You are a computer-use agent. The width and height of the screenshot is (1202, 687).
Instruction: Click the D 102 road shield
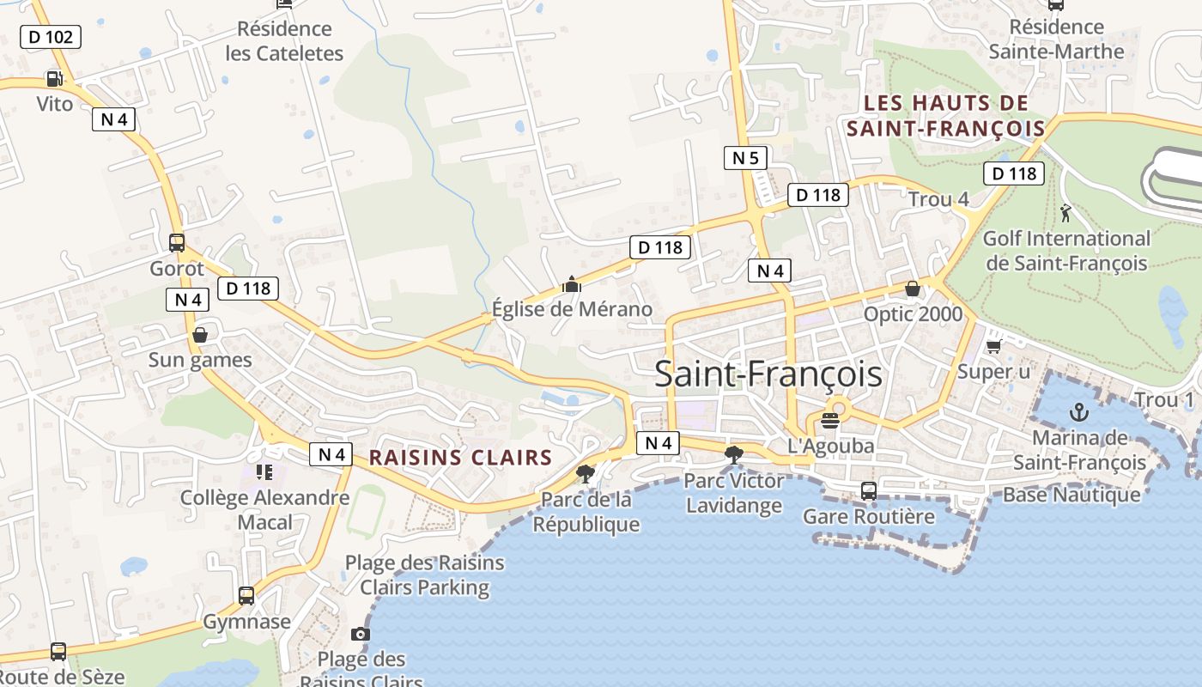coord(51,37)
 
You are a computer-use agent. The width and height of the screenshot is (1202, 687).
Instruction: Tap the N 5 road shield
coord(745,158)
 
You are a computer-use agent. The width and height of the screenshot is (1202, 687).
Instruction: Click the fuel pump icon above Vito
coord(54,79)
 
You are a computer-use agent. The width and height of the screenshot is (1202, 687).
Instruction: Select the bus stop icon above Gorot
coord(177,243)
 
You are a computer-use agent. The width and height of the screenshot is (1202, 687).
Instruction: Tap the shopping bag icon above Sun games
coord(200,335)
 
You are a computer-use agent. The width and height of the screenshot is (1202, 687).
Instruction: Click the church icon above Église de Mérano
coord(572,284)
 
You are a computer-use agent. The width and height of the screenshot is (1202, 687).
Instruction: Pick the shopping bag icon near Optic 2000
coord(913,289)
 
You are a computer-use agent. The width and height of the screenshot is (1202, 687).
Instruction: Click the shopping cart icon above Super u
coord(994,346)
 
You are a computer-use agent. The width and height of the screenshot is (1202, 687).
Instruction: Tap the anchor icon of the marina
coord(1078,413)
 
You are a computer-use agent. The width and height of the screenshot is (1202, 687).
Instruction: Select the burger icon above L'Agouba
coord(830,421)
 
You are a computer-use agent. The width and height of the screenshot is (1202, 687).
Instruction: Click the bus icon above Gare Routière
coord(869,491)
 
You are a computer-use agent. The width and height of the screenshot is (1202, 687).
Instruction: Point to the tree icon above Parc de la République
coord(586,474)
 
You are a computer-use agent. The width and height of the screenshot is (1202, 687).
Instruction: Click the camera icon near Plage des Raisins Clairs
coord(361,635)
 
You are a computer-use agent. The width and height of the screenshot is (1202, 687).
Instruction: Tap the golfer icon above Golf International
coord(1065,212)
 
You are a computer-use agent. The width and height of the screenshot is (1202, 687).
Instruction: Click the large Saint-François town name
coord(768,374)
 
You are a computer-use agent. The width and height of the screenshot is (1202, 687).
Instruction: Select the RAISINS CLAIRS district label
coord(460,458)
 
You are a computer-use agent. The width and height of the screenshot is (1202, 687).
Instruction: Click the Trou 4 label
coord(938,200)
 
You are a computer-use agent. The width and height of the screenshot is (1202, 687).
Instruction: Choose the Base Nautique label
coord(1071,495)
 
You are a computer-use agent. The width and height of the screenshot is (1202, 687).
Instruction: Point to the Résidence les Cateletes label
coord(284,41)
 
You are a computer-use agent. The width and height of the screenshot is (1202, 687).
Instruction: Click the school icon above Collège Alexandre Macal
coord(264,472)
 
